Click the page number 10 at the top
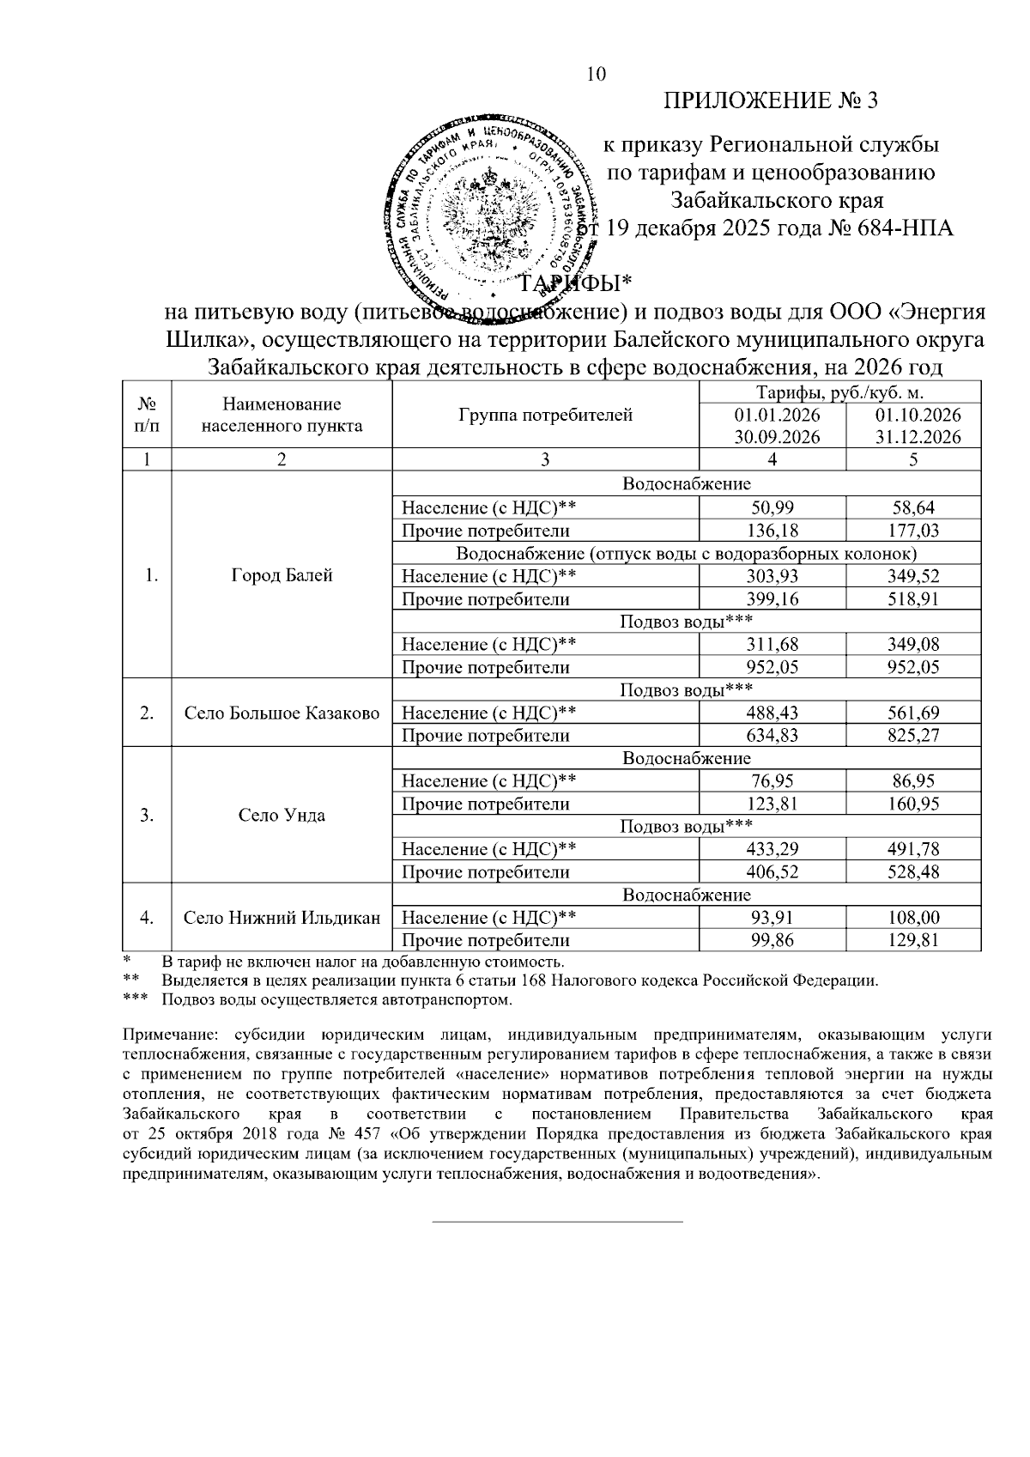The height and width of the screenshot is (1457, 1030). [596, 75]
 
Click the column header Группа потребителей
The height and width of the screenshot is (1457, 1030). [546, 416]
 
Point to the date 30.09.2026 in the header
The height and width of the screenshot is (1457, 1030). [772, 436]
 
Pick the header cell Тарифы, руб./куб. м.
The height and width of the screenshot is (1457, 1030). [839, 394]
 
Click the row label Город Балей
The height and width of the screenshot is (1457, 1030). [282, 576]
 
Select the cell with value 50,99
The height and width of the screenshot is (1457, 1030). [772, 508]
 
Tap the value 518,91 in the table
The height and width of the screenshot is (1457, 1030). [913, 599]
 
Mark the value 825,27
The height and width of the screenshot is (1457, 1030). [913, 736]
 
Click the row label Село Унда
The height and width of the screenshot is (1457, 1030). [282, 816]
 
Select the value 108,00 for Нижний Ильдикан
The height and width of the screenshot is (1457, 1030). [913, 918]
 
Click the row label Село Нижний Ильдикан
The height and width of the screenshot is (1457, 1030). [282, 918]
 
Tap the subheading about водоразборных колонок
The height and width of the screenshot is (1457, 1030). [686, 554]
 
